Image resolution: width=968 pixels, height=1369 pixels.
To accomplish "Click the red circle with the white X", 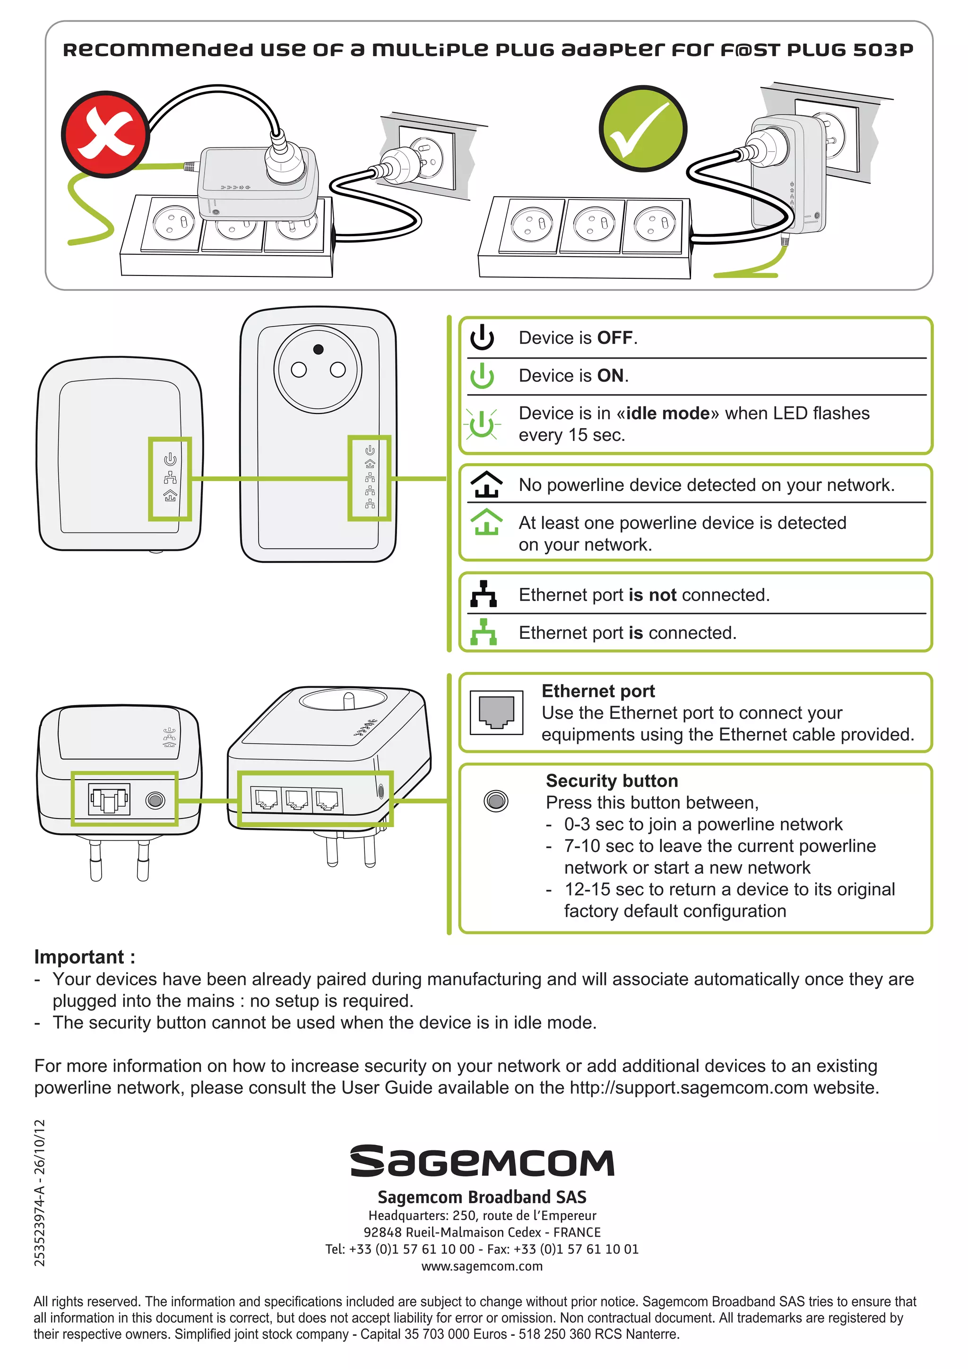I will click(x=105, y=134).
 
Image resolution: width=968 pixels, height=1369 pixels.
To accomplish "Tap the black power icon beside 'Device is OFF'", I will click(x=482, y=337).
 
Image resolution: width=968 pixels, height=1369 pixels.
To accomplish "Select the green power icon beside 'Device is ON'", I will click(x=482, y=376).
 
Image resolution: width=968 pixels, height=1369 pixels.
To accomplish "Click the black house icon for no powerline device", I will click(x=486, y=484).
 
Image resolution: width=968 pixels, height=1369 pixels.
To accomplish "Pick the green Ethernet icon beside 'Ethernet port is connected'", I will click(x=483, y=632).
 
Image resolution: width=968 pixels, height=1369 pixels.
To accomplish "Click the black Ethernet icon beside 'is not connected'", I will click(x=483, y=594).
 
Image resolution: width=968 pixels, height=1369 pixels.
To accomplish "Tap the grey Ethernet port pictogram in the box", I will click(x=496, y=713).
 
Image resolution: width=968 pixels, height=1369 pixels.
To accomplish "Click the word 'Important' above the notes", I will click(x=79, y=956).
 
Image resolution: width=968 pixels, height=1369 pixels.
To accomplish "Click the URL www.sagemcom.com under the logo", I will click(x=482, y=1266).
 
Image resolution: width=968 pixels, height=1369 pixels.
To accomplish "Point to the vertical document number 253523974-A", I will click(x=39, y=1193).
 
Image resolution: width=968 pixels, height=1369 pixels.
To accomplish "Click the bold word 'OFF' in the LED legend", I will click(x=614, y=337).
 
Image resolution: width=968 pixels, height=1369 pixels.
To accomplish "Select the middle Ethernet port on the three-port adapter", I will click(x=296, y=800).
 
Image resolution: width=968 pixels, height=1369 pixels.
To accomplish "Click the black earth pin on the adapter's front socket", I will click(x=319, y=349).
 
